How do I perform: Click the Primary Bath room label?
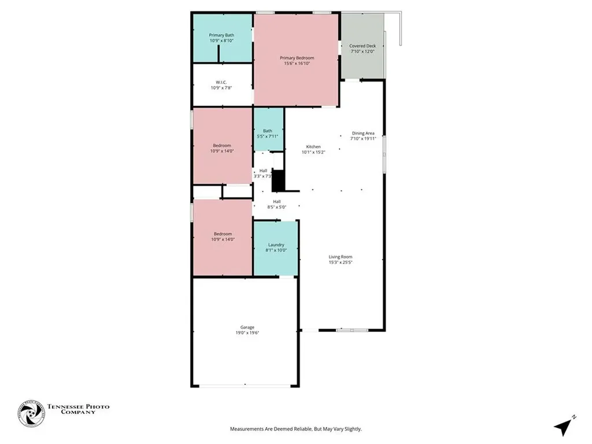click(221, 35)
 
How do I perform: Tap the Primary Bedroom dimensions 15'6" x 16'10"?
click(297, 64)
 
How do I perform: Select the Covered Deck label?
click(362, 46)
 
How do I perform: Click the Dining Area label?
click(363, 133)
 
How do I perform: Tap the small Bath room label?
click(268, 131)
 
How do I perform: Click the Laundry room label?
click(276, 245)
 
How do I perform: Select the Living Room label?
click(341, 257)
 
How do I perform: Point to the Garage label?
click(247, 327)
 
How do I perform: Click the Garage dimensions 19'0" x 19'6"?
click(247, 333)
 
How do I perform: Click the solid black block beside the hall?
click(278, 180)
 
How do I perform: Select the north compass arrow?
click(563, 427)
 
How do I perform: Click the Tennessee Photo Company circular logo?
click(31, 413)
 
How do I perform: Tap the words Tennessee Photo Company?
click(78, 410)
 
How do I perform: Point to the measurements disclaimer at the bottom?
click(296, 429)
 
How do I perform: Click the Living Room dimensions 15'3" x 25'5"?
click(341, 262)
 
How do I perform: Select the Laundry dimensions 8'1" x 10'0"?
click(276, 250)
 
